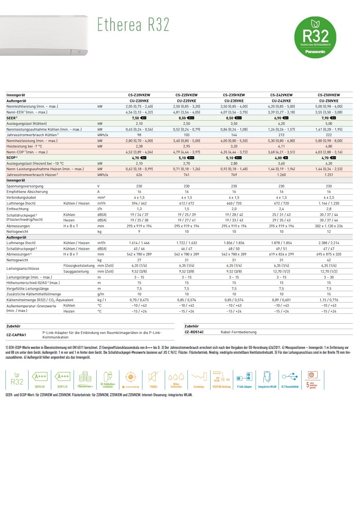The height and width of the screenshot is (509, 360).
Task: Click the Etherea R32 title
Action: [x=133, y=25]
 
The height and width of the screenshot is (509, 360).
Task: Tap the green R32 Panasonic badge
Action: [x=315, y=37]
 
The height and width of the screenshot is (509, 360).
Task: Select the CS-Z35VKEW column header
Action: [x=234, y=95]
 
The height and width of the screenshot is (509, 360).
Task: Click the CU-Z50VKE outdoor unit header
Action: [x=329, y=101]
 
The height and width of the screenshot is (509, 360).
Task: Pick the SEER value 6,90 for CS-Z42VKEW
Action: [x=278, y=118]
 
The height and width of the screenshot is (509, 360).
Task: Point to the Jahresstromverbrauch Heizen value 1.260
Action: [x=281, y=175]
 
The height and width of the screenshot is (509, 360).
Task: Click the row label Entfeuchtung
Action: [x=18, y=209]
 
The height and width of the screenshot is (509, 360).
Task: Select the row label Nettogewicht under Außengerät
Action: [x=17, y=260]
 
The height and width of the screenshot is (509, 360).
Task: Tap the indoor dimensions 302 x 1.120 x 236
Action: [x=329, y=226]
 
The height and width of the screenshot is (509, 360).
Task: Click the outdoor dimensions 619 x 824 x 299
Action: [x=281, y=254]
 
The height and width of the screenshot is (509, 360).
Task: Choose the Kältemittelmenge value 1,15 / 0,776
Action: [x=329, y=300]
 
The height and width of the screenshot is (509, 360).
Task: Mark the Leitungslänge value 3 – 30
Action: [x=329, y=277]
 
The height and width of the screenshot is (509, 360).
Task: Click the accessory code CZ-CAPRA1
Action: [x=16, y=335]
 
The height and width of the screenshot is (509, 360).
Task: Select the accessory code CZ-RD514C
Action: [x=194, y=332]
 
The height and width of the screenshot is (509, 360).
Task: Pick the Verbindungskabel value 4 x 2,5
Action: [x=329, y=197]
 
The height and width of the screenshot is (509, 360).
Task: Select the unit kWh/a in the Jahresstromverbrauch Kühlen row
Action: [x=102, y=135]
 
